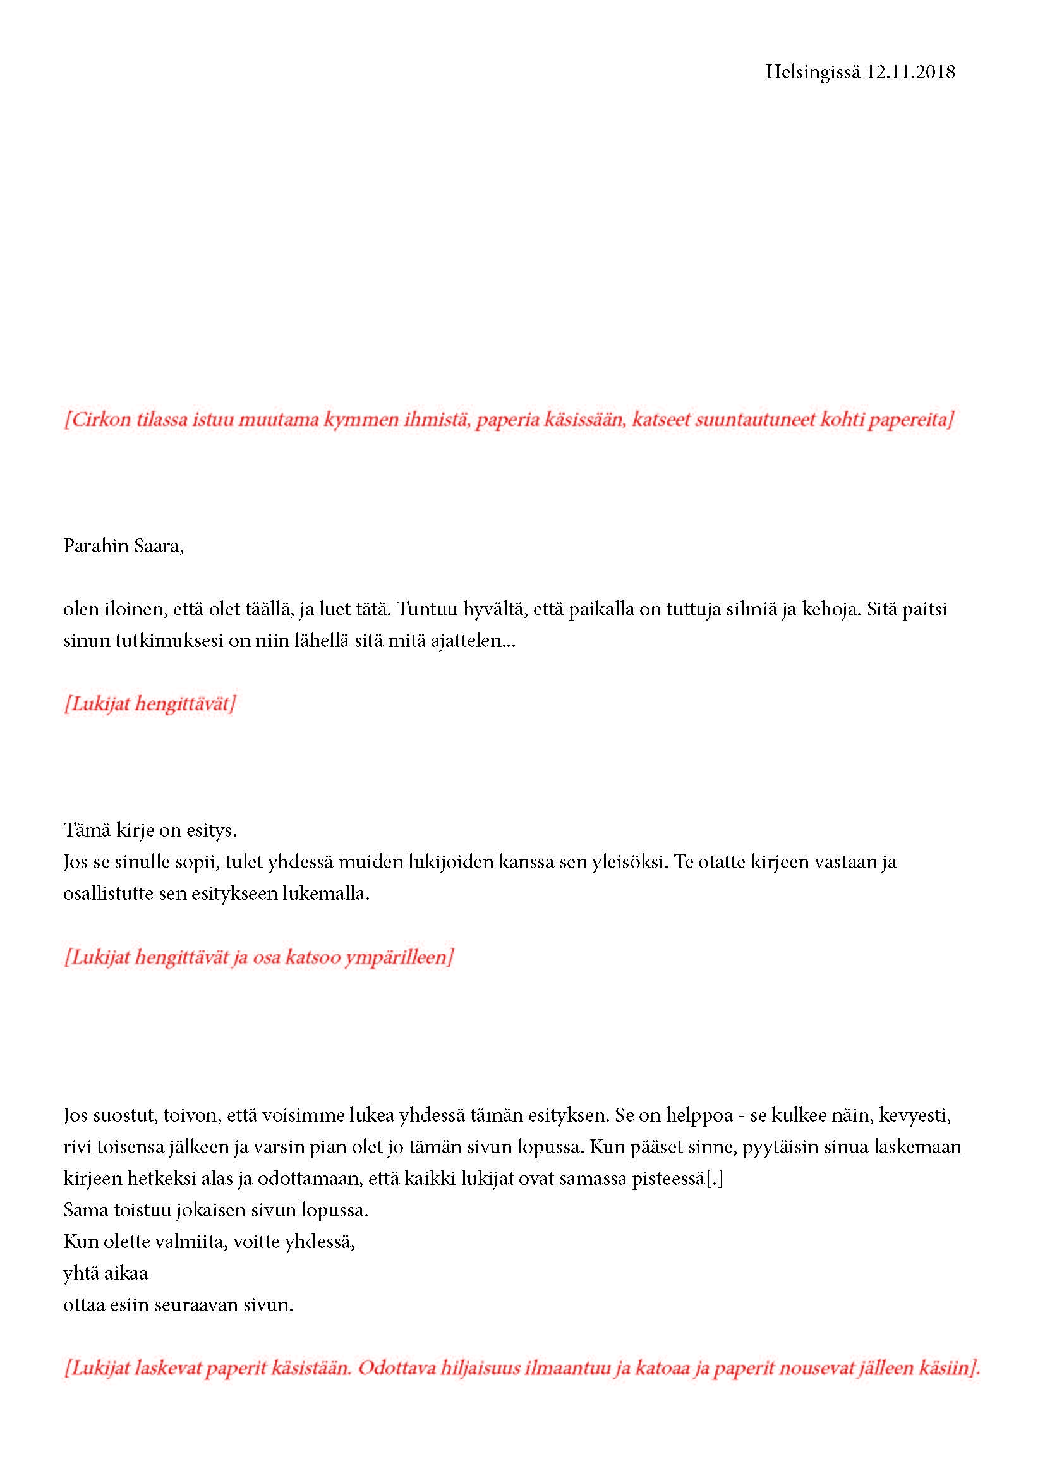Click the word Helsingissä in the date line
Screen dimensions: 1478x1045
click(812, 72)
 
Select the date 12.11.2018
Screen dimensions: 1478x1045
click(910, 72)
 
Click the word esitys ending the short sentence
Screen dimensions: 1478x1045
click(212, 831)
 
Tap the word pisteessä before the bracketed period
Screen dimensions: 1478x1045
click(667, 1178)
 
